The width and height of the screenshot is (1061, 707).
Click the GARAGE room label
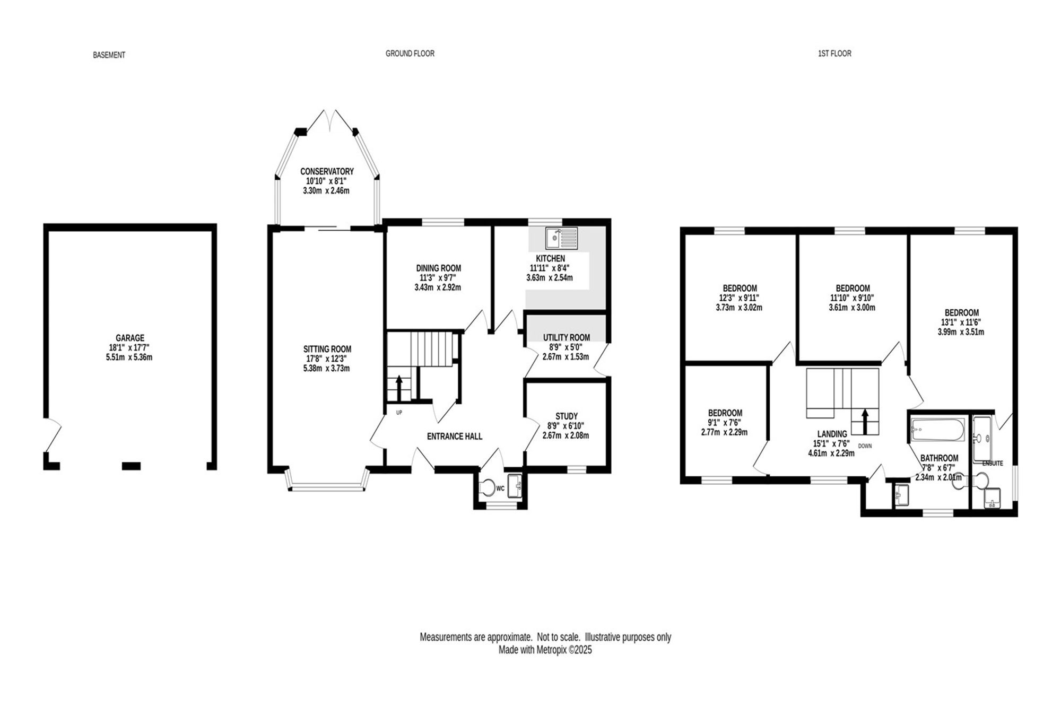point(130,338)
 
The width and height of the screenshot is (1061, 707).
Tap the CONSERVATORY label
point(327,171)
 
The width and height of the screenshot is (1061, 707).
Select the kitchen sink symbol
point(561,238)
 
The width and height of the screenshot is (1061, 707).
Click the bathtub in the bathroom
point(938,430)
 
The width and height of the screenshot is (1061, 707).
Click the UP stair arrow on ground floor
point(399,388)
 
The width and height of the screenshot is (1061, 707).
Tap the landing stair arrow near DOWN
point(865,421)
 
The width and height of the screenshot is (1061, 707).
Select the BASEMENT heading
point(109,55)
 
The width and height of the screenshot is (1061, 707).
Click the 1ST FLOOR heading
point(834,54)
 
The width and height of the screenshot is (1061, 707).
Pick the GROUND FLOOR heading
point(410,54)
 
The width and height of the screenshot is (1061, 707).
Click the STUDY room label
point(567,416)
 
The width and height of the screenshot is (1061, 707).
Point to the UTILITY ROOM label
point(567,337)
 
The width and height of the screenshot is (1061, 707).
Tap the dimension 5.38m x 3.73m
point(327,368)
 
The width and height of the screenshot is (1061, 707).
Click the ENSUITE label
point(993,463)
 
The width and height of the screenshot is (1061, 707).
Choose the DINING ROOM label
point(439,268)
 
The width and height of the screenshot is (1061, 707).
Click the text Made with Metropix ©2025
point(545,650)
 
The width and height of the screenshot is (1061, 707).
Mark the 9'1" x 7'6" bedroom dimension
point(725,423)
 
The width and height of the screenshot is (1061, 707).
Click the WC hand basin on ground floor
point(515,486)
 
